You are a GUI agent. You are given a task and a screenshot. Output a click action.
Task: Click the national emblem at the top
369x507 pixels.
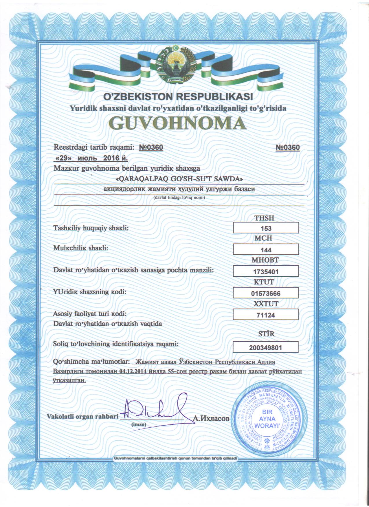pyautogui.click(x=175, y=65)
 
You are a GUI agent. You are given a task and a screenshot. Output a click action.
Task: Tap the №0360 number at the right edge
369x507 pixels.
pyautogui.click(x=287, y=148)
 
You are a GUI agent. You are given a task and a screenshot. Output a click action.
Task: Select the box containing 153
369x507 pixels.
pyautogui.click(x=266, y=228)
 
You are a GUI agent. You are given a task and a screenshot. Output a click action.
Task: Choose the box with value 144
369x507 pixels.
pyautogui.click(x=266, y=249)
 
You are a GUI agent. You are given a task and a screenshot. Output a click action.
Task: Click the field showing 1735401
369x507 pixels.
pyautogui.click(x=266, y=271)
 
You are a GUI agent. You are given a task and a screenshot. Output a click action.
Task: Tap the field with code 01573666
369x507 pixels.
pyautogui.click(x=266, y=293)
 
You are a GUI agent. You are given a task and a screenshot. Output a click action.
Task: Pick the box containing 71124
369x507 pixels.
pyautogui.click(x=266, y=315)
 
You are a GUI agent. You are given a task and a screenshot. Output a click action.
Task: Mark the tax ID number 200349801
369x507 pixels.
pyautogui.click(x=265, y=347)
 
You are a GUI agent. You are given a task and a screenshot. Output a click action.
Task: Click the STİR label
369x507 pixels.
pyautogui.click(x=266, y=334)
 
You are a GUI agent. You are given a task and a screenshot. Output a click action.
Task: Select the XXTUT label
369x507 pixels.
pyautogui.click(x=266, y=304)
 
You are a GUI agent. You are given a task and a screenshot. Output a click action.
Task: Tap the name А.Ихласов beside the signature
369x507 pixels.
pyautogui.click(x=211, y=419)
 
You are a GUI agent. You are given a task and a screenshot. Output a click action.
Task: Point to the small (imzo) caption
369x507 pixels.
pyautogui.click(x=139, y=424)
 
